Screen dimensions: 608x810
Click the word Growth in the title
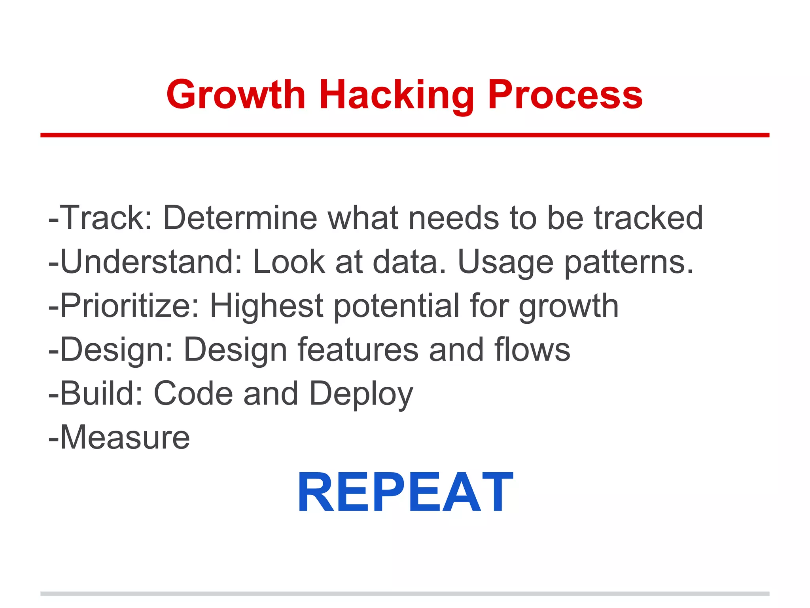point(236,95)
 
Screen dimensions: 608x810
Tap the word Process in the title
point(565,95)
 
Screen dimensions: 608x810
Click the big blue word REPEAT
point(405,492)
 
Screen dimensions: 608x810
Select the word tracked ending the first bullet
point(649,218)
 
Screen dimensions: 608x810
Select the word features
point(358,350)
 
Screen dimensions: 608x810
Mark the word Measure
point(125,437)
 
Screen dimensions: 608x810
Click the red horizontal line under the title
point(405,135)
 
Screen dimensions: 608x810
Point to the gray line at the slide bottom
point(405,594)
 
